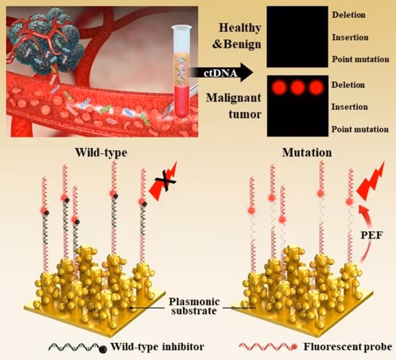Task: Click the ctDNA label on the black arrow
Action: click(x=221, y=73)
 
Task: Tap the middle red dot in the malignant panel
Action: click(x=298, y=87)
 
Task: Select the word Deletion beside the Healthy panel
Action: click(x=348, y=15)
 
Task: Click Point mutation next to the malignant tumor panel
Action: click(x=360, y=130)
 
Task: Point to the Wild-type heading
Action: click(x=101, y=153)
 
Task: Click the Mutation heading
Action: click(x=307, y=153)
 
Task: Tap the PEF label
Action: click(x=371, y=235)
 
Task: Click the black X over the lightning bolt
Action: click(x=165, y=181)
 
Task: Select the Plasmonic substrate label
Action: click(x=194, y=306)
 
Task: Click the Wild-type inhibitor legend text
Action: click(x=157, y=346)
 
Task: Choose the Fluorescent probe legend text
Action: click(x=347, y=346)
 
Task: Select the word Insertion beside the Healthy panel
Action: click(x=350, y=37)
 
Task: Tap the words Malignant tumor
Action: click(x=234, y=106)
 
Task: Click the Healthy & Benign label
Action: click(x=236, y=36)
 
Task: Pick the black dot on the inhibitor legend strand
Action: click(x=102, y=349)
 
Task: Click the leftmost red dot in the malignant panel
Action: click(x=279, y=87)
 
